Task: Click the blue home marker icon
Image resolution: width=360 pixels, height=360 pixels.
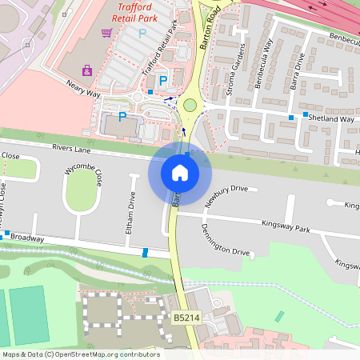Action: pyautogui.click(x=179, y=172)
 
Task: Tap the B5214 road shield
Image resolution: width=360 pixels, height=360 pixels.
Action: pyautogui.click(x=186, y=318)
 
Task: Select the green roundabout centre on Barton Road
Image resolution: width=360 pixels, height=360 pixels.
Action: pyautogui.click(x=190, y=104)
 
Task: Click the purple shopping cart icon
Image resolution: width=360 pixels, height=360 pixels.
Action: pyautogui.click(x=106, y=33)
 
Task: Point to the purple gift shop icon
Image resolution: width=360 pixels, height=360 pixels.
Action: pyautogui.click(x=86, y=71)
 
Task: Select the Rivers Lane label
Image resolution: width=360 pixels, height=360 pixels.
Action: pyautogui.click(x=73, y=148)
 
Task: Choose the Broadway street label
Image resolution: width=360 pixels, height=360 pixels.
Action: pyautogui.click(x=27, y=238)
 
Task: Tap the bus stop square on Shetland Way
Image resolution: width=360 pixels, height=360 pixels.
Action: pyautogui.click(x=291, y=118)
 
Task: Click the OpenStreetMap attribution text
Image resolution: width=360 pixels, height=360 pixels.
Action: pyautogui.click(x=80, y=354)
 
